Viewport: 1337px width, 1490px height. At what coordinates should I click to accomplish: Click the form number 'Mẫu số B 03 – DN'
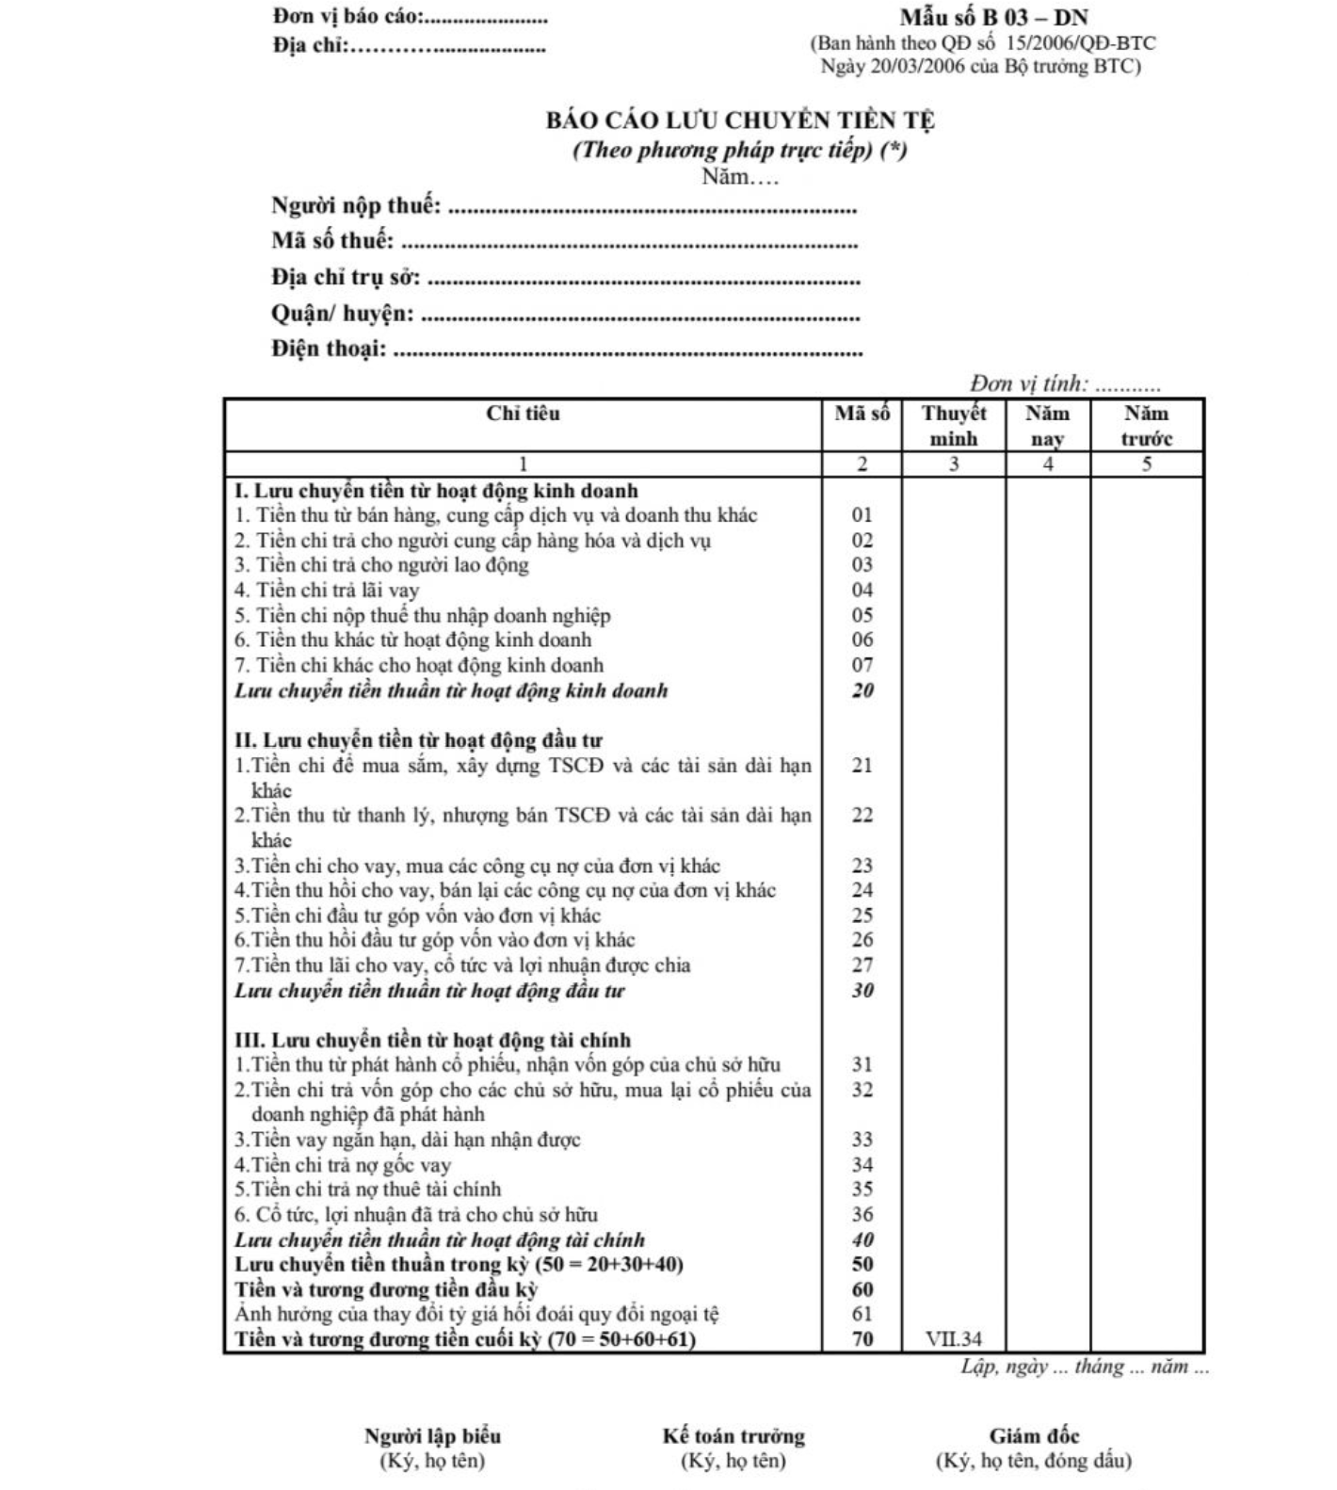[x=993, y=18]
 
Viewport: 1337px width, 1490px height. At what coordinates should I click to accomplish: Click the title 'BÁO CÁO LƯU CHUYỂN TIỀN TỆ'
[x=740, y=121]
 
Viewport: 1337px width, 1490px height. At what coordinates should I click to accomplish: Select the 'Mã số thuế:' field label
[x=332, y=241]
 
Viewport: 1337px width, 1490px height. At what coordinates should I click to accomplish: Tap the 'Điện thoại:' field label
[x=329, y=349]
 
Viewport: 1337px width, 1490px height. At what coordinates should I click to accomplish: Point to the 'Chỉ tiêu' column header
[x=523, y=413]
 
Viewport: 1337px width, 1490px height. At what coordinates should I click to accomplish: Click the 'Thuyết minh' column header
[x=954, y=426]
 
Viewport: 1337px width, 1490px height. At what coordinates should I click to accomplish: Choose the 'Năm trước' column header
[x=1146, y=426]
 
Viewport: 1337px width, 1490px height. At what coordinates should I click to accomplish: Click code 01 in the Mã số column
[x=862, y=515]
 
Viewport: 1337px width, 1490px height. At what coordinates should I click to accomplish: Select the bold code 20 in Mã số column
[x=862, y=690]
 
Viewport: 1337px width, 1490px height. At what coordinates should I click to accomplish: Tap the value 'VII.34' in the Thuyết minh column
[x=954, y=1339]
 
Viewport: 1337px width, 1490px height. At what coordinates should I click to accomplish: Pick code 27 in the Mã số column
[x=862, y=965]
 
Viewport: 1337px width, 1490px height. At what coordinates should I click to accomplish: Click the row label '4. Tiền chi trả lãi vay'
[x=327, y=591]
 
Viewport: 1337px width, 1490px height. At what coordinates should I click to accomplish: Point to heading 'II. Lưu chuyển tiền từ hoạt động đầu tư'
[x=418, y=740]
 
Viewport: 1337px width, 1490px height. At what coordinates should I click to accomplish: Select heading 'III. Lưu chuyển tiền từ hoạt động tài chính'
[x=432, y=1041]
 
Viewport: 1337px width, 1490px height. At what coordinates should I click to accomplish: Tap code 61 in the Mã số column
[x=862, y=1314]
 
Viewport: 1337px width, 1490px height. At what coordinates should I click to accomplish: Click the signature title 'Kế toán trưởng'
[x=733, y=1436]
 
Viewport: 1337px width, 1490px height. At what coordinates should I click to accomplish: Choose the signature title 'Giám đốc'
[x=1034, y=1436]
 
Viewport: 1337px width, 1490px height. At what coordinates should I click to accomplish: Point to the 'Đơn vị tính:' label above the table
[x=1029, y=384]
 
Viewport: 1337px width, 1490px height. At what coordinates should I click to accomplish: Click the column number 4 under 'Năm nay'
[x=1048, y=464]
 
